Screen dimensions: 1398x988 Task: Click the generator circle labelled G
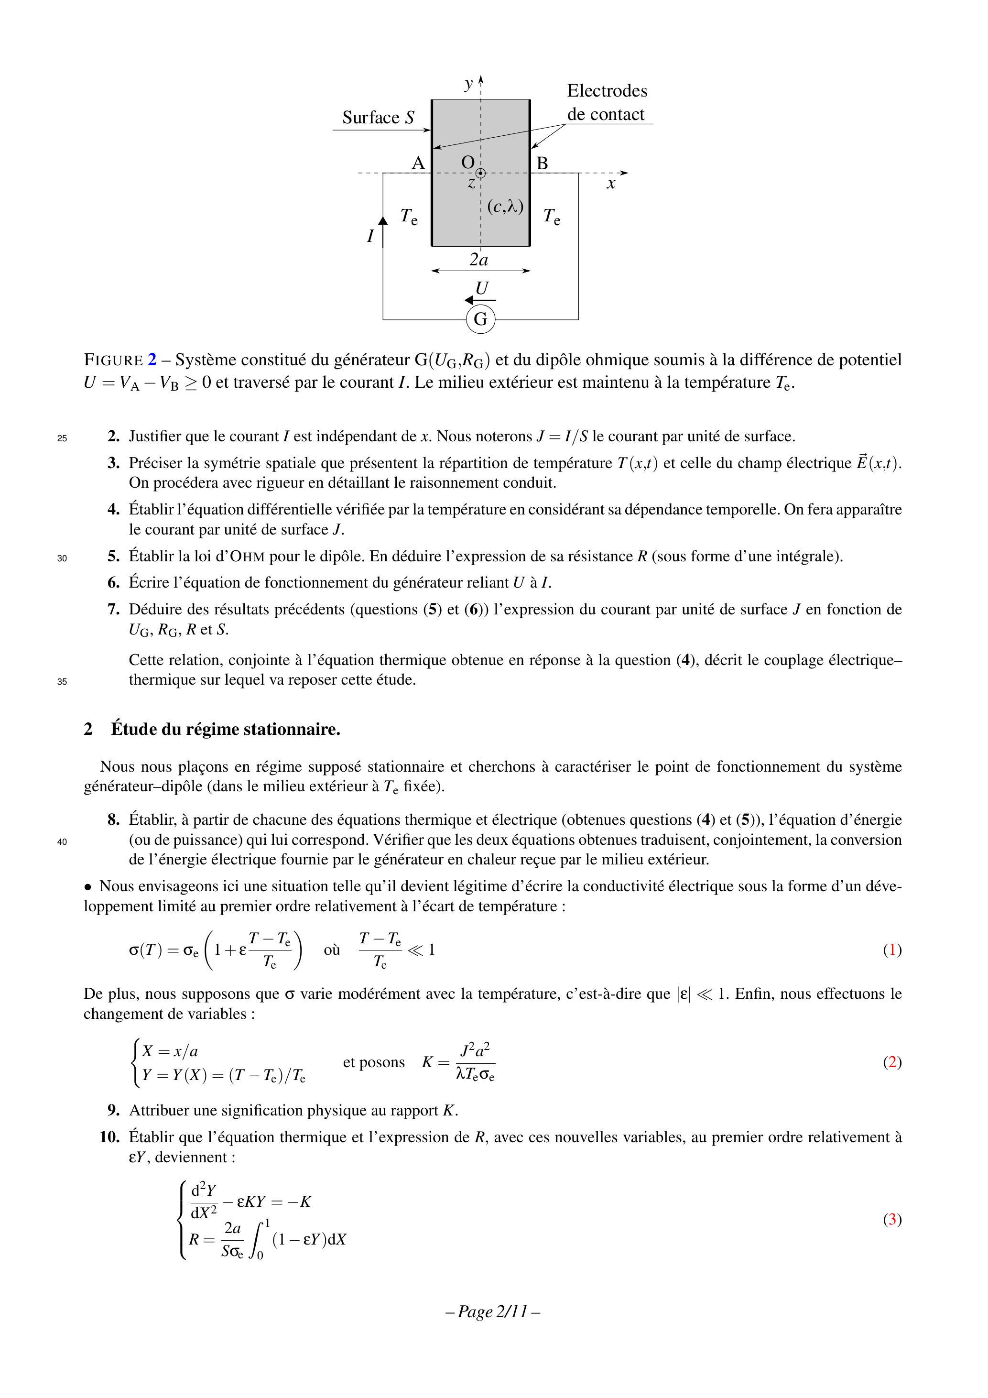pos(480,319)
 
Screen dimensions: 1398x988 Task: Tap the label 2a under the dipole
pos(479,260)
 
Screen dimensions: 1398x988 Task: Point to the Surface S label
pos(378,118)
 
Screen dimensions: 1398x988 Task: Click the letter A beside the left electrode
pos(418,163)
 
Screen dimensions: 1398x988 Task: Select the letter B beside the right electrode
pos(542,163)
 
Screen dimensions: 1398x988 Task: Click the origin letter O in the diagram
pos(467,162)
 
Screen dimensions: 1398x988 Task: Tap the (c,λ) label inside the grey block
pos(505,207)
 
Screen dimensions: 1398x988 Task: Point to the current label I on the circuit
pos(370,236)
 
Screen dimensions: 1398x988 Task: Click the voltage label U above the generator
pos(481,288)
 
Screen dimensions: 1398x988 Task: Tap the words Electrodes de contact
pos(607,102)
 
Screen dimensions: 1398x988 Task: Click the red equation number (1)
pos(892,950)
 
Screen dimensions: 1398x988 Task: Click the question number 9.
pos(114,1110)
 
